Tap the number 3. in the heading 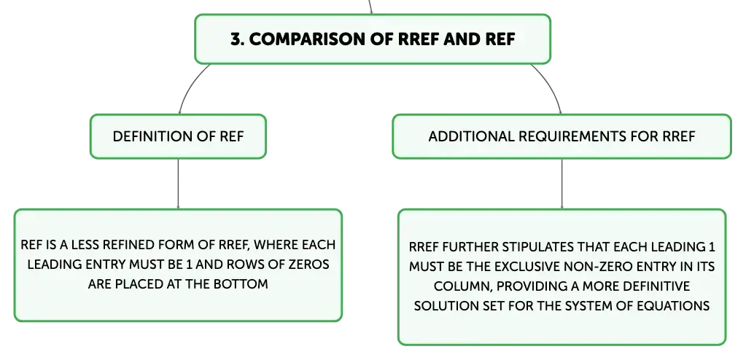[238, 39]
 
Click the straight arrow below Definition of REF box [179, 184]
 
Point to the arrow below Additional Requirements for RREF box [562, 184]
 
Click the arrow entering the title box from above [370, 7]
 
